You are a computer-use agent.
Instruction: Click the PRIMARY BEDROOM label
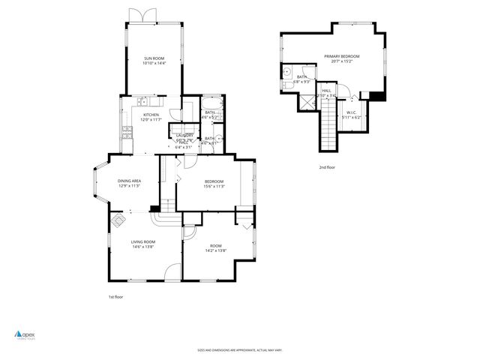(x=341, y=56)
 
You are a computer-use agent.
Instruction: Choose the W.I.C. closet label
(x=351, y=113)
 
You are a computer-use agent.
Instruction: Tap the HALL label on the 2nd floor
(x=326, y=91)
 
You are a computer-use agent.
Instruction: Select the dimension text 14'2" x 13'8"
(x=215, y=250)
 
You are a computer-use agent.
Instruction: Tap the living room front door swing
(x=173, y=274)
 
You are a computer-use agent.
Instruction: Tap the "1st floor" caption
(x=115, y=297)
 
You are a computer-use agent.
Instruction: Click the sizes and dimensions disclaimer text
(x=239, y=349)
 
